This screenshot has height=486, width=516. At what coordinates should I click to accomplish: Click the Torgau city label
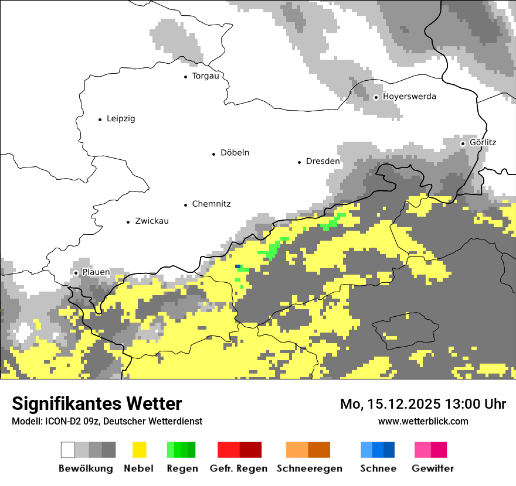coord(205,76)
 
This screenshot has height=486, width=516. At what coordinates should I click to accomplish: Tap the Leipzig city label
coord(121,119)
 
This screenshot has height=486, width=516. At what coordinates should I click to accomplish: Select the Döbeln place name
coord(235,153)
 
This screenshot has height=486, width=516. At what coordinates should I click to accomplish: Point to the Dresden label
coord(322,161)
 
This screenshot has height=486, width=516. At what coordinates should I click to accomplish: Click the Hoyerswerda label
coord(409,97)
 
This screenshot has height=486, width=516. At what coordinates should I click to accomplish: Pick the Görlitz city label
coord(483,142)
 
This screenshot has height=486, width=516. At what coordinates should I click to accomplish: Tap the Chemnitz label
coord(211,204)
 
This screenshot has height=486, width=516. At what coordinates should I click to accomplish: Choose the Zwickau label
coord(151,221)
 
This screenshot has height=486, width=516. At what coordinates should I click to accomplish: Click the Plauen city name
coord(96,272)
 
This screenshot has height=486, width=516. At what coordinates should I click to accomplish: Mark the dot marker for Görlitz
coord(463,143)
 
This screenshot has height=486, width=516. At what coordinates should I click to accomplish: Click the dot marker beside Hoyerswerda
coord(376,97)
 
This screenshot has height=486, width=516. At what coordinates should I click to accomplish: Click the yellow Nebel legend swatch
coord(139,450)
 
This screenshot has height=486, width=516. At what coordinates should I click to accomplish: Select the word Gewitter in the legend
coord(433,468)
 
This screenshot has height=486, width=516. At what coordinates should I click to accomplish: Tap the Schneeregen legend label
coord(310,468)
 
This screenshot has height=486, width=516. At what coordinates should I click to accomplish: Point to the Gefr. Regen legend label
coord(239,468)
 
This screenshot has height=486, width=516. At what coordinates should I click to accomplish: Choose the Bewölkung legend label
coord(86,468)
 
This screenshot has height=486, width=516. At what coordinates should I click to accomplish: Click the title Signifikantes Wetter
coord(97,403)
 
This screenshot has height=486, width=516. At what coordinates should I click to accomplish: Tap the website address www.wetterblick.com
coord(423,421)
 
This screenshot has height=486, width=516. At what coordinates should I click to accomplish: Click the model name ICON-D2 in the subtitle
coord(57,421)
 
